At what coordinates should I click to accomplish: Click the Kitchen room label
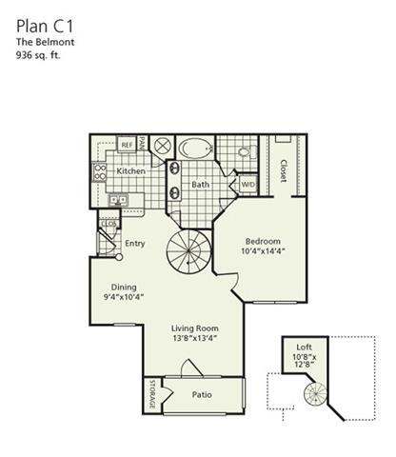tap(131, 170)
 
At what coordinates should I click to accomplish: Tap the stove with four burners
tap(99, 172)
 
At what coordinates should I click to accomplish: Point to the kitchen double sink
tap(118, 200)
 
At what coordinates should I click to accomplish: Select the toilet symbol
tap(243, 150)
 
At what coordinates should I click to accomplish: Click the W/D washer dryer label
tap(247, 184)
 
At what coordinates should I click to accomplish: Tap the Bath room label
tap(201, 184)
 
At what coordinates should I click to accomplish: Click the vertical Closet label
tap(284, 169)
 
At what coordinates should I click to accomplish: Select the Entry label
tap(135, 243)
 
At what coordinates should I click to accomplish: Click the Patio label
tap(201, 394)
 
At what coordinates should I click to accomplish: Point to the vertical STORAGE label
tap(150, 395)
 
